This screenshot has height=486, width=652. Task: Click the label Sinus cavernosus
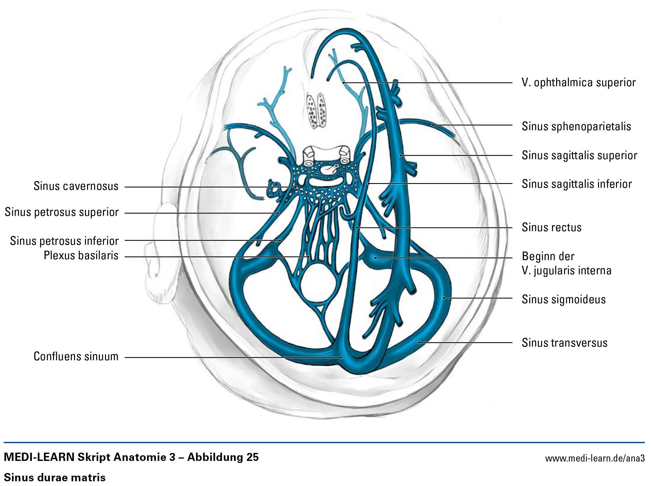[x=76, y=186]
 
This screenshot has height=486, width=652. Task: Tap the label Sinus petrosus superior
[x=62, y=212]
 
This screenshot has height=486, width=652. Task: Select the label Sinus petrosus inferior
[x=64, y=241]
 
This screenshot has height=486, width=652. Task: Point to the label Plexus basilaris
[x=81, y=255]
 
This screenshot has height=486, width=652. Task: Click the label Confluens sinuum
[x=76, y=356]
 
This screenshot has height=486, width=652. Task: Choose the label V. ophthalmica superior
[x=579, y=82]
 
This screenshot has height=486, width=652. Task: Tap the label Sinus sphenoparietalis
[x=576, y=126]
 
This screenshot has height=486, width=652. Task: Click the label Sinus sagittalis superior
[x=579, y=155]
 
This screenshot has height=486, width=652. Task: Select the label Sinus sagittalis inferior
[x=577, y=184]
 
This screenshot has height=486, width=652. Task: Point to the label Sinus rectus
[x=552, y=227]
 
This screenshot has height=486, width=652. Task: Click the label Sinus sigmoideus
[x=564, y=299]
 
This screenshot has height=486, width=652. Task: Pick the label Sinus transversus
[x=565, y=343]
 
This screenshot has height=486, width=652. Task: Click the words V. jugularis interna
[x=566, y=270]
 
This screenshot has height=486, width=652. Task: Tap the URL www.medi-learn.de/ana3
[x=595, y=459]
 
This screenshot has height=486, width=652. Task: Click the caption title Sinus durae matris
[x=55, y=477]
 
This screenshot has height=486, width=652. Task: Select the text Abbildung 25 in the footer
[x=223, y=457]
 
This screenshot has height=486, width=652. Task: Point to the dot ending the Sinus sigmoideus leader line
[x=444, y=298]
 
